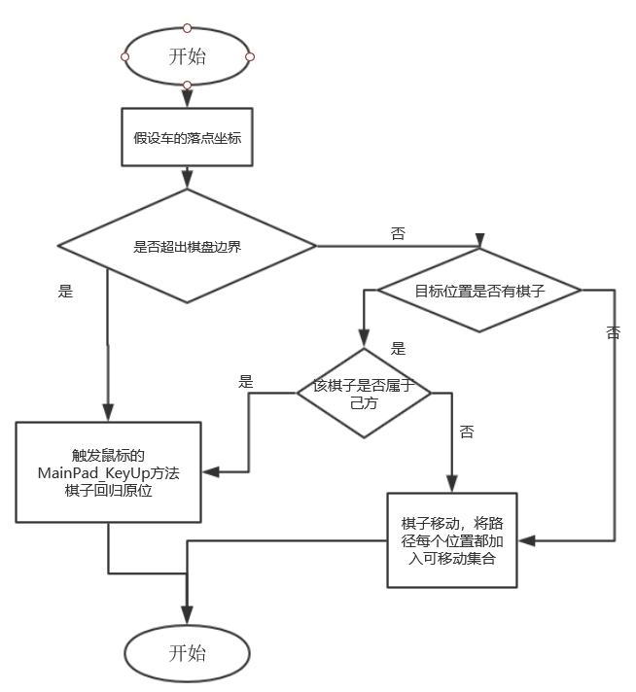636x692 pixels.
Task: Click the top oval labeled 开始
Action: coord(187,56)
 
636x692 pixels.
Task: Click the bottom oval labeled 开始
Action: coord(187,652)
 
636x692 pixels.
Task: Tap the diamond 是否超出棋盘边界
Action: coord(187,246)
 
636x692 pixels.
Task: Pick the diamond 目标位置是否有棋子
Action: coord(478,291)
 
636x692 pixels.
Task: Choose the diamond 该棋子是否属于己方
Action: coord(363,393)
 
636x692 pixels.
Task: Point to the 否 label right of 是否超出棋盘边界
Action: coord(398,233)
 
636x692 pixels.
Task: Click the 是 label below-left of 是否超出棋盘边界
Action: coord(65,291)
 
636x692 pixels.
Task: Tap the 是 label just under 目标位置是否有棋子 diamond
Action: coord(398,349)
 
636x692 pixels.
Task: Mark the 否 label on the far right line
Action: coord(613,333)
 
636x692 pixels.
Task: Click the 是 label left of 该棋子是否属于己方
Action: coord(246,382)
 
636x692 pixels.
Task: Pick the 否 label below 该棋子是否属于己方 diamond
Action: coord(467,432)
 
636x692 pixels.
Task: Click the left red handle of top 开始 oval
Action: coord(124,56)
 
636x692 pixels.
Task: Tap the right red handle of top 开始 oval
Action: coord(250,56)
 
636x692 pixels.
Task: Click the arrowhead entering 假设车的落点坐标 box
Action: coord(187,100)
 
